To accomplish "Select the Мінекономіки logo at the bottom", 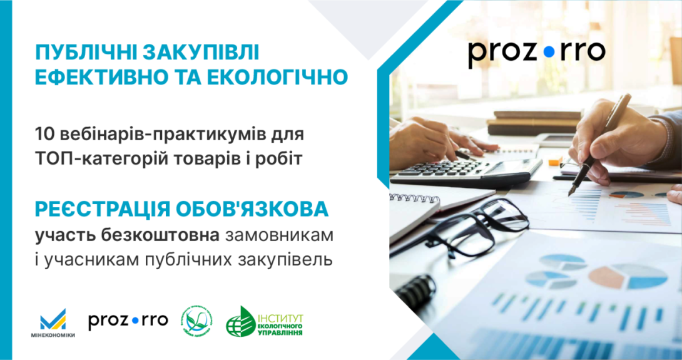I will (x=57, y=322).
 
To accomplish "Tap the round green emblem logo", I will (x=196, y=321).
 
